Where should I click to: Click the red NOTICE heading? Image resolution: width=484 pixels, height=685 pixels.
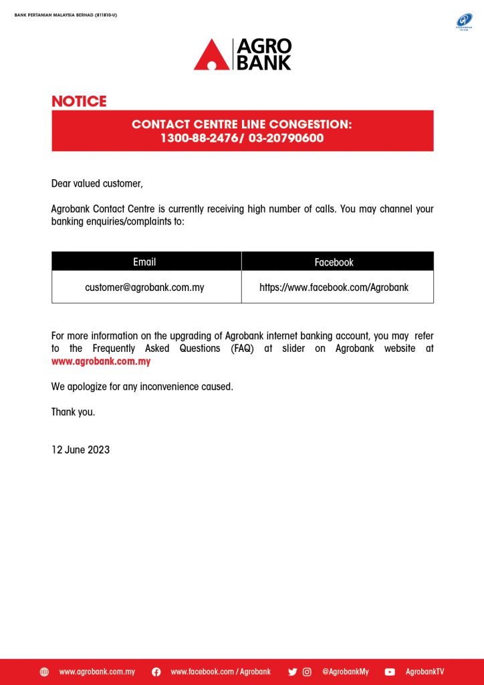coord(79,102)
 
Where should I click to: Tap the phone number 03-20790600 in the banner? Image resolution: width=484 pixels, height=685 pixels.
coord(286,138)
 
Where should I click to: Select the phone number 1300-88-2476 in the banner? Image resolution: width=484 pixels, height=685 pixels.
coord(198,138)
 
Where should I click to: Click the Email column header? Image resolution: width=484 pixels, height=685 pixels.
coord(144,262)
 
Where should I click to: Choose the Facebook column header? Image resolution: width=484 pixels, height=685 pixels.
coord(334,262)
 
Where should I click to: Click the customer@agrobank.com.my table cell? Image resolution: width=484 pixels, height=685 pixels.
coord(144,288)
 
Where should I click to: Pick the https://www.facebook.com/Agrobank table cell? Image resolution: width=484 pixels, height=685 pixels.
coord(334,288)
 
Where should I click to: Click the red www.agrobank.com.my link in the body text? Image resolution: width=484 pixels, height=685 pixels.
coord(101,361)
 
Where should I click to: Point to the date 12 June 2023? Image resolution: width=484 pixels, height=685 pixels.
coord(80,450)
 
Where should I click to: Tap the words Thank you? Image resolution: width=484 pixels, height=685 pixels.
coord(73,412)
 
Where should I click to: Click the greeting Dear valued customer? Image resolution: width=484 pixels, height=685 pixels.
coord(97,183)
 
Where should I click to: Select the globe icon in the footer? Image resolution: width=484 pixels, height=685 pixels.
coord(44,672)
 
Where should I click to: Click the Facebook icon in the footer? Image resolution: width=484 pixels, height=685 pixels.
coord(156,672)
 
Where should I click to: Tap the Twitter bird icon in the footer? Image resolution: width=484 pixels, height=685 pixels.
coord(292,672)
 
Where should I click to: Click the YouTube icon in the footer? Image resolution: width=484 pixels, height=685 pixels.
coord(390,672)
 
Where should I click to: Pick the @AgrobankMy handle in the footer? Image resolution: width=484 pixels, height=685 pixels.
coord(345,672)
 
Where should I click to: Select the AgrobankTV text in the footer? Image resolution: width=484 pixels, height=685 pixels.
coord(425,672)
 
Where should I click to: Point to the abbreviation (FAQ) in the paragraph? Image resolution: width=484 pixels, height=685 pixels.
coord(243,349)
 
